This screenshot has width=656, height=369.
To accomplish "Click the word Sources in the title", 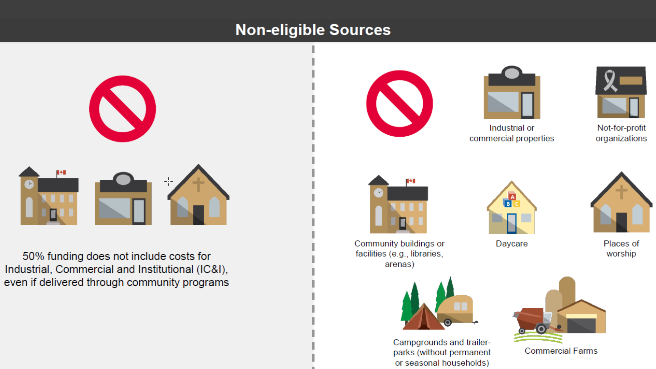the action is tap(360, 30).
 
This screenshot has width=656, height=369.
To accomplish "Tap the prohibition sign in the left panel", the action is tap(122, 109).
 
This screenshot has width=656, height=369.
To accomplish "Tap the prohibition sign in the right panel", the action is tap(399, 104).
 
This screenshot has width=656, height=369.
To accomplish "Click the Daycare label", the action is tap(511, 244).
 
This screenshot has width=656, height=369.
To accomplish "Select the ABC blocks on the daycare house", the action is tap(511, 200).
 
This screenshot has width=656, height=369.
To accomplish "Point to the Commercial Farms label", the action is tap(561, 351).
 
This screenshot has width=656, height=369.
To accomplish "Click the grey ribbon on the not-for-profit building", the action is tap(610, 81).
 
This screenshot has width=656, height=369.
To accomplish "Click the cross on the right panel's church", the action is tap(621, 192).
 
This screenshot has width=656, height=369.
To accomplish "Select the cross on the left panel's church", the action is tap(198, 184).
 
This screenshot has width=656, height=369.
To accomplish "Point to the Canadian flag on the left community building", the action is tap(61, 173).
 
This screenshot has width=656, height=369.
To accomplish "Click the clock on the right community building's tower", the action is tap(379, 193).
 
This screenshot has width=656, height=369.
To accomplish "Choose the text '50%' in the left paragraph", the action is tap(33, 256).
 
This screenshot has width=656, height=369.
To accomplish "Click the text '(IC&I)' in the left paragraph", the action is tap(212, 269).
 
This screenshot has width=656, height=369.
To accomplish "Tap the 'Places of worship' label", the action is tap(621, 248).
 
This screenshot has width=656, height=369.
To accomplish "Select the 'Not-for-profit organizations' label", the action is tap(621, 133).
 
